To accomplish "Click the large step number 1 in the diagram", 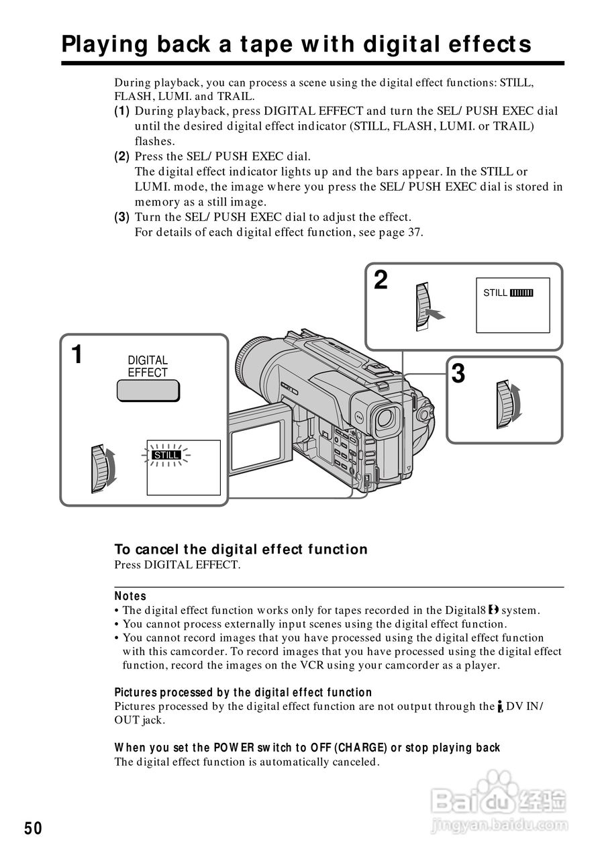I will (x=78, y=354).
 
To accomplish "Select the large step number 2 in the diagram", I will (x=381, y=280).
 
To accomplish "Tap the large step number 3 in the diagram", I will (x=458, y=374).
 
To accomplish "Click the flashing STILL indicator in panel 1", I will (x=166, y=455).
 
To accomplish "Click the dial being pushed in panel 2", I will (x=421, y=307).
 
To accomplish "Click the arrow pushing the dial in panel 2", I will (x=437, y=315).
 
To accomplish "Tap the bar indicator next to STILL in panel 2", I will (x=521, y=293).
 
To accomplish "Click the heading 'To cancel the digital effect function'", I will (x=241, y=550).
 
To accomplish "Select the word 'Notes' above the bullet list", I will (x=130, y=596).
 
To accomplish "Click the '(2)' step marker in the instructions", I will (x=121, y=156).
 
